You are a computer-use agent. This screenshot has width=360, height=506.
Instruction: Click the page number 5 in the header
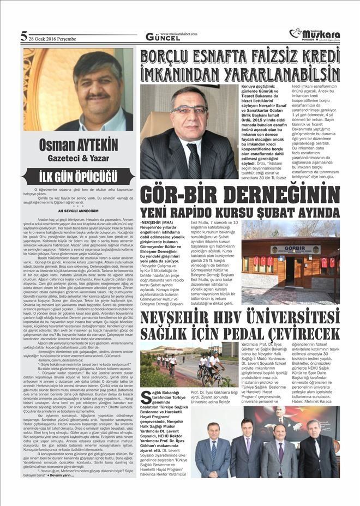[x=23, y=37]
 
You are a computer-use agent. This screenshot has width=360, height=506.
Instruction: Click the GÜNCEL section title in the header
[x=163, y=38]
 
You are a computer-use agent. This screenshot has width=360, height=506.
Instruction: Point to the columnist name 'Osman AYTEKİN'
[x=78, y=146]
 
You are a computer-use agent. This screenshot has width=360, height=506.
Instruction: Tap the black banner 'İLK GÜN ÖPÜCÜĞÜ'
[x=78, y=177]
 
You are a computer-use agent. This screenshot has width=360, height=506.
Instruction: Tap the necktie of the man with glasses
[x=193, y=161]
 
